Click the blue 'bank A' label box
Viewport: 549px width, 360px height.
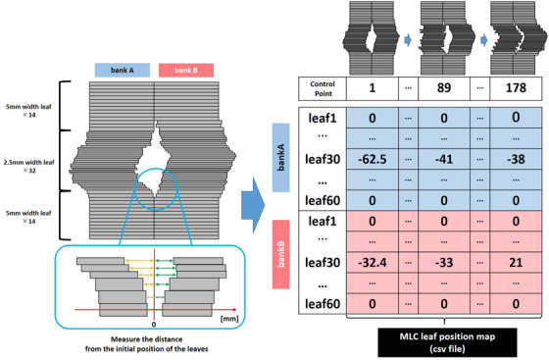click(x=123, y=71)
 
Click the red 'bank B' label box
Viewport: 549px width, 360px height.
click(x=185, y=71)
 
